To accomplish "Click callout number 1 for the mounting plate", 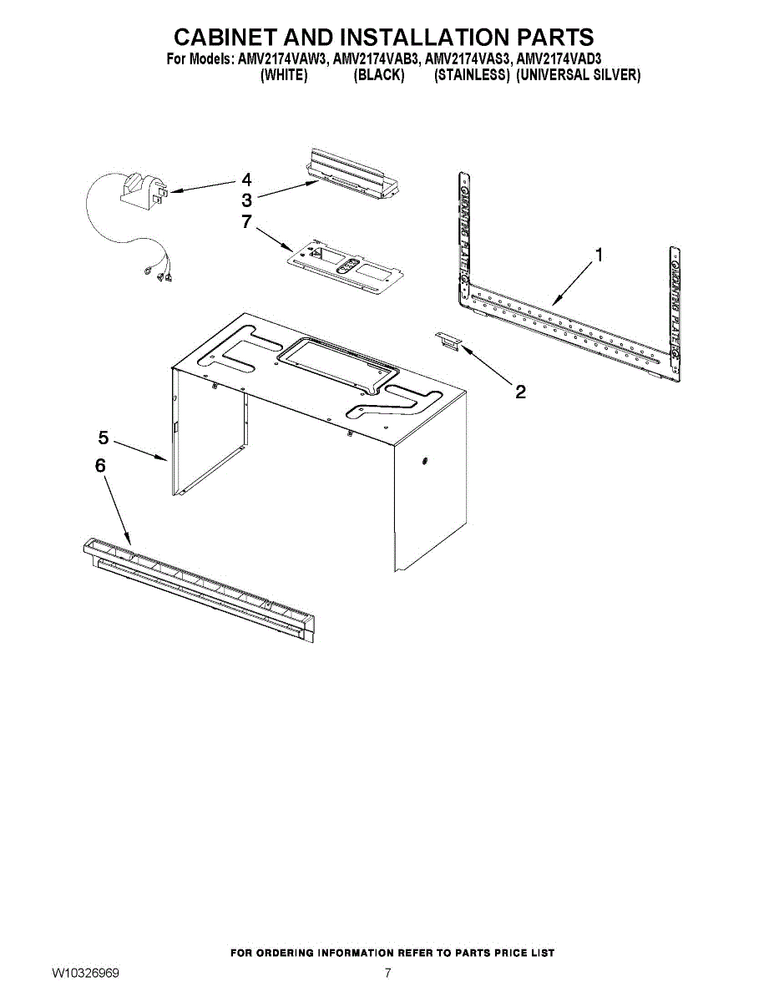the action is [x=599, y=255].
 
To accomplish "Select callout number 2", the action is [x=520, y=392].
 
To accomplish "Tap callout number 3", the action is [x=246, y=200].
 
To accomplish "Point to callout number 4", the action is [x=246, y=180].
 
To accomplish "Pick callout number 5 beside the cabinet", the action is [x=104, y=438].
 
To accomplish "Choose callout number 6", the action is [x=100, y=466].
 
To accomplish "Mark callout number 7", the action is [x=246, y=221].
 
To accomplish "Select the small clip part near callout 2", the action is [x=448, y=341].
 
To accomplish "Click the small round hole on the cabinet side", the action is [x=424, y=461].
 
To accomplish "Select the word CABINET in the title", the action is [x=226, y=37].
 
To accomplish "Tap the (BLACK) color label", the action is [x=378, y=74].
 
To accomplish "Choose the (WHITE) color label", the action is [x=284, y=74].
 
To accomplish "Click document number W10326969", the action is [x=85, y=985].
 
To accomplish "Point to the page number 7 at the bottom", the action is [x=387, y=985].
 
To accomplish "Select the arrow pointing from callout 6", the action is [x=118, y=511].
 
